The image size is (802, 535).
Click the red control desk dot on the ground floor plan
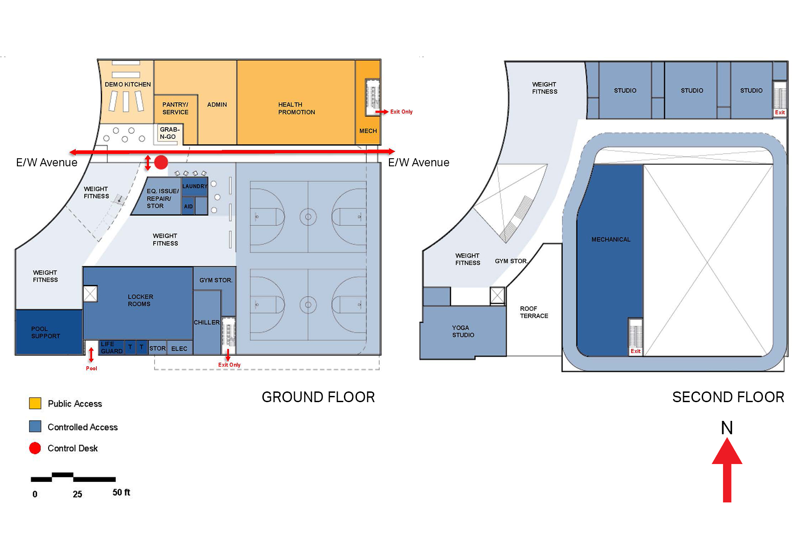tap(161, 162)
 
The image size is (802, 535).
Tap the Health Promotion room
tap(296, 103)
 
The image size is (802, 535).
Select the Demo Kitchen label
tap(127, 84)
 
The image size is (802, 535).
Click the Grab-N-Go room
tap(170, 133)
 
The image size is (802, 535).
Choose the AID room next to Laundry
tap(188, 206)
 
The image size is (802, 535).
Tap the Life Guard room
tap(111, 347)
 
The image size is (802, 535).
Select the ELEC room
tap(180, 348)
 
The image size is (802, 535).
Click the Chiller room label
tap(207, 322)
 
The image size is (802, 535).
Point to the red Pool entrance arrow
tap(91, 354)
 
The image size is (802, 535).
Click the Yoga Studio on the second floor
tap(463, 331)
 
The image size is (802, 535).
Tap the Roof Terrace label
tap(534, 312)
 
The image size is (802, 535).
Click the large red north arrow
tap(727, 470)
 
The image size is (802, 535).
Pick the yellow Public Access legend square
tap(35, 403)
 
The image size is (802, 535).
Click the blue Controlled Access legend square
tap(35, 426)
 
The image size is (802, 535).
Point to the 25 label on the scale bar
tap(78, 494)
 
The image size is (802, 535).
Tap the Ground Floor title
tap(318, 397)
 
